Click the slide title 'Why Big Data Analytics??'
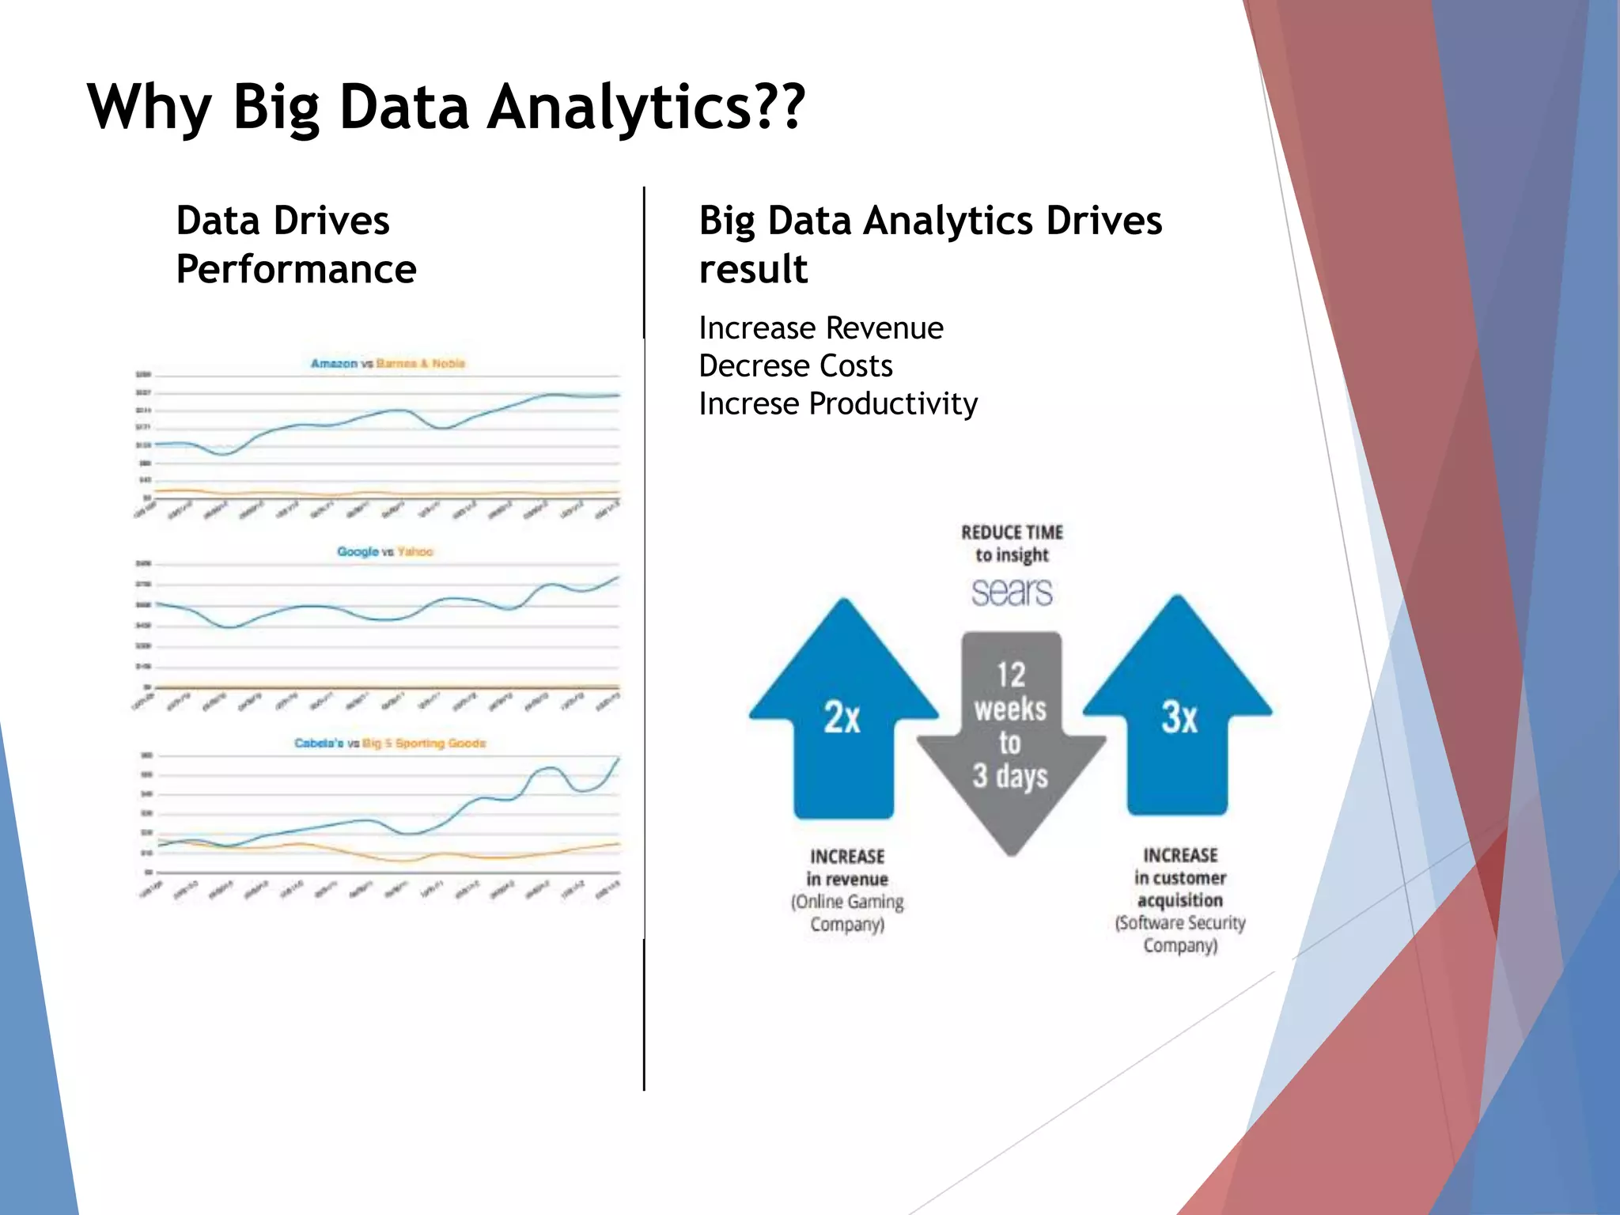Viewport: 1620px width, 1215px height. coord(446,107)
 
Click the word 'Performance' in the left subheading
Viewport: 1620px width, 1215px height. coord(296,270)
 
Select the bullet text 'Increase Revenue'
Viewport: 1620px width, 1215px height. coord(820,328)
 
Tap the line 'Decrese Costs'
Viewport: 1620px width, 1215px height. coord(795,366)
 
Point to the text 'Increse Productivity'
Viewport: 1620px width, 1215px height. coord(838,404)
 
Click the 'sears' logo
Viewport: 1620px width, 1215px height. coord(1012,592)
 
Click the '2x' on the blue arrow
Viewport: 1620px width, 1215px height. coord(842,717)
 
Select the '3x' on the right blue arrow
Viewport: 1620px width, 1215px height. coord(1179,717)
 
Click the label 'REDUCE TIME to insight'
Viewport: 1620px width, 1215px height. coord(1012,543)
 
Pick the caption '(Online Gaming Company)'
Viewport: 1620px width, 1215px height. coord(847,913)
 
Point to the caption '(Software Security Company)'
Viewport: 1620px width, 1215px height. coord(1180,934)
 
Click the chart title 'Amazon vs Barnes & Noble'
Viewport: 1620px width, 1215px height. coord(388,364)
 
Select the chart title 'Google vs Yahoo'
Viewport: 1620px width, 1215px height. coord(385,551)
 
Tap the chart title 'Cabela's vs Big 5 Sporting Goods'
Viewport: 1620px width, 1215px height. coord(390,744)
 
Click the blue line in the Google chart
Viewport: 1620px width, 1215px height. coord(316,607)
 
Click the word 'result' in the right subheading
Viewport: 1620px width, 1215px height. coord(753,270)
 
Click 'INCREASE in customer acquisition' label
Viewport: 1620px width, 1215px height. coord(1180,877)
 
